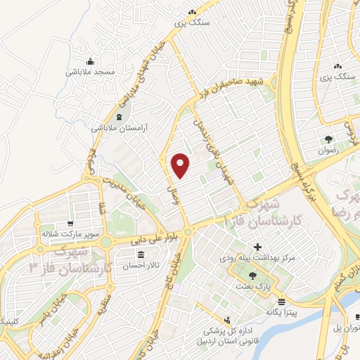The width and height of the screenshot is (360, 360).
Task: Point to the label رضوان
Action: (328, 150)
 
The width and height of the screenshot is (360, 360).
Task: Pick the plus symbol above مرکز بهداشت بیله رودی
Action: (258, 247)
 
